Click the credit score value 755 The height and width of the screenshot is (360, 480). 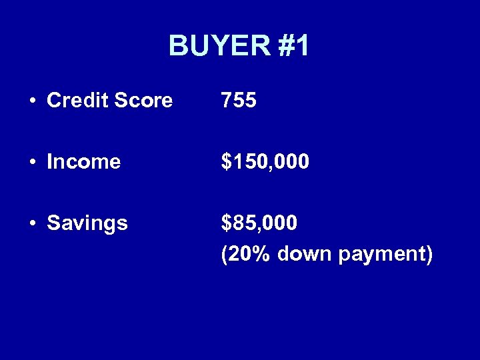click(x=239, y=100)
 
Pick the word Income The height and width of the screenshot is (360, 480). click(x=84, y=161)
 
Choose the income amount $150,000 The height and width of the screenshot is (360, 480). click(x=265, y=161)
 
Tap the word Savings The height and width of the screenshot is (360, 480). click(x=87, y=223)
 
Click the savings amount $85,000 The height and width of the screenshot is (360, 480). click(x=259, y=223)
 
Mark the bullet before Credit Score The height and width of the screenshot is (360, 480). click(x=33, y=101)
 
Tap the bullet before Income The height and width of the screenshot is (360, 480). click(x=33, y=162)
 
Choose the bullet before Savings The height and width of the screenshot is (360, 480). click(x=33, y=223)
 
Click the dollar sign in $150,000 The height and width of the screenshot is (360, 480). click(x=227, y=161)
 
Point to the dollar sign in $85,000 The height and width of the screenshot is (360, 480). click(x=227, y=223)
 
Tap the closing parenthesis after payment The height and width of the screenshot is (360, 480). click(x=429, y=254)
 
